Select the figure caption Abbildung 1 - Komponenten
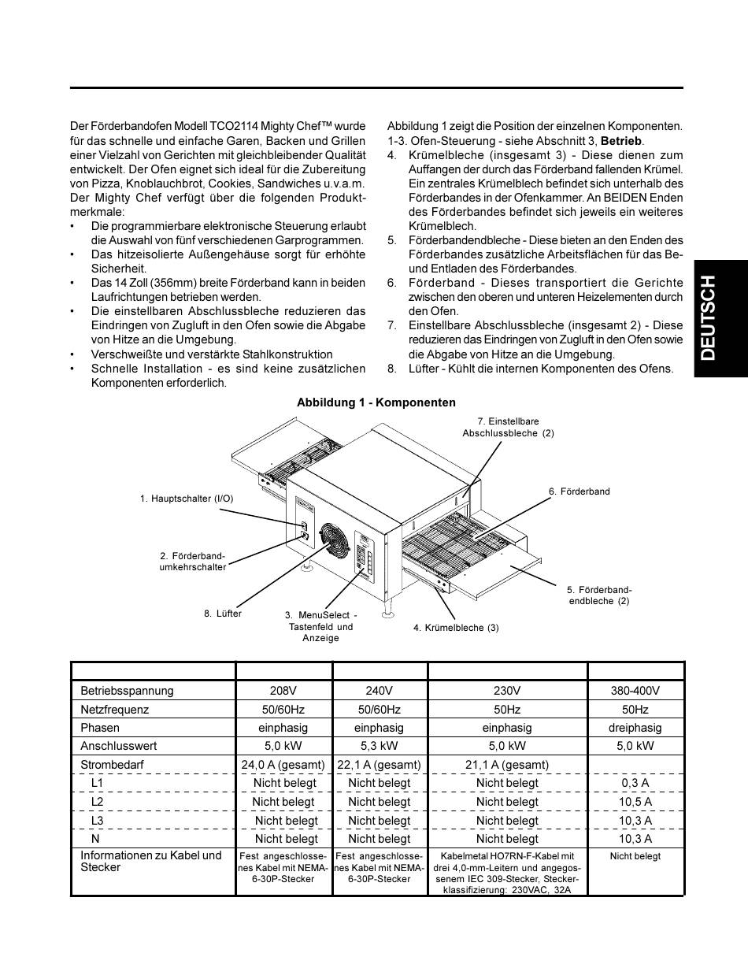coord(376,402)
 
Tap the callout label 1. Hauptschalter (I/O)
coord(187,499)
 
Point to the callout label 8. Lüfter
coord(223,614)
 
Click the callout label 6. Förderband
coord(579,491)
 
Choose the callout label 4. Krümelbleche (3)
coord(456,628)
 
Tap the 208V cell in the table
coord(283,691)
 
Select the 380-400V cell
coord(635,691)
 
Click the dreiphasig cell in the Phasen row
coord(635,728)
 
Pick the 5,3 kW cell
coord(379,746)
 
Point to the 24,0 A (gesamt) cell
coord(283,765)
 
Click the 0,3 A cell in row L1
coord(635,783)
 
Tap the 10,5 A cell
coord(635,802)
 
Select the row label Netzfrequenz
coord(114,710)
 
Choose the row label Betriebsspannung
coord(127,691)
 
